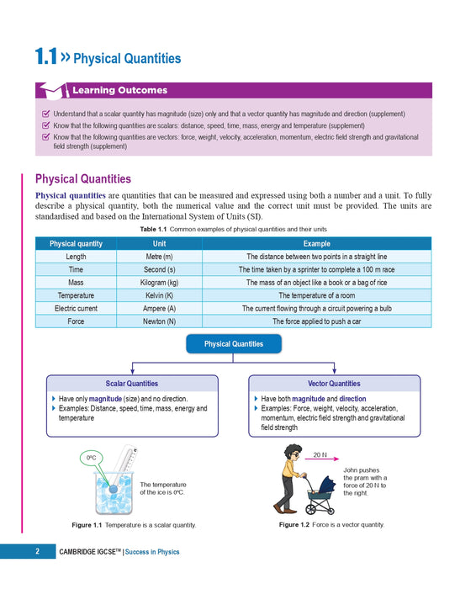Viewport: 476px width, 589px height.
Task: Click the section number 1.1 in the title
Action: click(45, 57)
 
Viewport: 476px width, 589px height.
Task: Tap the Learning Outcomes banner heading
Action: click(119, 90)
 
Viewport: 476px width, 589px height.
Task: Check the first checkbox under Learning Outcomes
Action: click(45, 114)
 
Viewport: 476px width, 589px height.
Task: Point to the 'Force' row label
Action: click(76, 321)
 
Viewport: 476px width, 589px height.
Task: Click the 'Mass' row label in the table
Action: click(76, 283)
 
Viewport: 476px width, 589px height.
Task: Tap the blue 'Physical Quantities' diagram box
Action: click(233, 344)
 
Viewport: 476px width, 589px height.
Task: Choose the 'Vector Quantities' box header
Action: click(334, 384)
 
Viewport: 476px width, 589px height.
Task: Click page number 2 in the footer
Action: click(37, 552)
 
